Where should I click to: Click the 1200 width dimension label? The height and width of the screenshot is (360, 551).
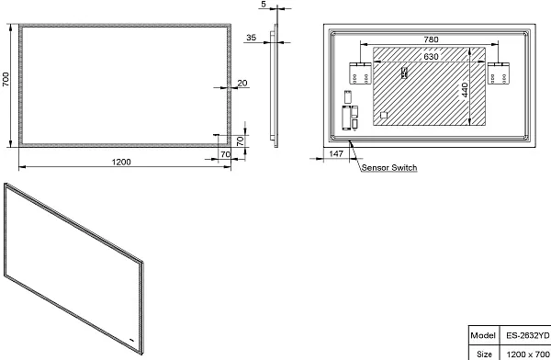click(121, 162)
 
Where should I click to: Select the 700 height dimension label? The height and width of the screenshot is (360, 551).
click(6, 79)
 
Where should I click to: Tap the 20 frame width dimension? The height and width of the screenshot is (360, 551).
click(242, 83)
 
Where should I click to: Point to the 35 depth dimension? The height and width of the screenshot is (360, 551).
click(252, 38)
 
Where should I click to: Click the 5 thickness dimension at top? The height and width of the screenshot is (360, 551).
click(264, 5)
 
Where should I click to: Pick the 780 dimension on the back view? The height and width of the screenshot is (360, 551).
click(431, 39)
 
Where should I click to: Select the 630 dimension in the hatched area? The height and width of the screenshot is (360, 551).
click(431, 57)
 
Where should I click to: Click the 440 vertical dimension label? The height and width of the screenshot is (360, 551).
click(465, 90)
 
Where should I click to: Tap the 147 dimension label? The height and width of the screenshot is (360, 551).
click(336, 153)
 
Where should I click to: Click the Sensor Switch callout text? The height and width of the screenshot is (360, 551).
click(389, 168)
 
